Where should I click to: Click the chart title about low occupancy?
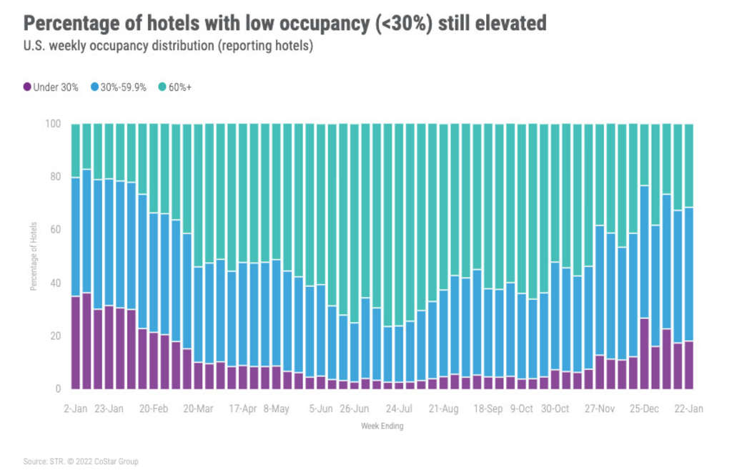(285, 24)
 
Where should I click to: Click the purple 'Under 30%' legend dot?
(27, 87)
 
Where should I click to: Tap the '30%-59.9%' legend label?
(123, 87)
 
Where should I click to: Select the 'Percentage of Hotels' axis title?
(33, 258)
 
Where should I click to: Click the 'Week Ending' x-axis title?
(383, 427)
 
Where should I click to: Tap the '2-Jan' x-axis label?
(76, 409)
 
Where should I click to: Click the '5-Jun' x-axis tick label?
(320, 409)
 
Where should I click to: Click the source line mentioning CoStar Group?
(81, 462)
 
